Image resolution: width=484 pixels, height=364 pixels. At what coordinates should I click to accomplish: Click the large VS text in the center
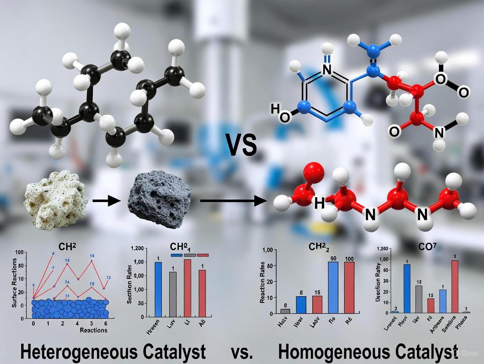point(241,146)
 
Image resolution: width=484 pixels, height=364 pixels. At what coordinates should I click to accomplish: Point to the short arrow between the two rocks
point(107,201)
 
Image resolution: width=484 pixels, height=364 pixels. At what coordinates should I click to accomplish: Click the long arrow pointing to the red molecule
point(233,201)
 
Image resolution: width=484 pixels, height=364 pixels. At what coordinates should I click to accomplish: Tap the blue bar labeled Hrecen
point(158,289)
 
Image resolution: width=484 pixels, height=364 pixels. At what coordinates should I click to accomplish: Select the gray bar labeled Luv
point(173,294)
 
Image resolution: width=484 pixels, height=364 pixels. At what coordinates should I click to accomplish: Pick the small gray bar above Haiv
point(285,311)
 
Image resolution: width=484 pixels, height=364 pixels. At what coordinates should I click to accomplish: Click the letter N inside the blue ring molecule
point(327,69)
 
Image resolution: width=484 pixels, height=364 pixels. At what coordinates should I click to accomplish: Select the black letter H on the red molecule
point(319,203)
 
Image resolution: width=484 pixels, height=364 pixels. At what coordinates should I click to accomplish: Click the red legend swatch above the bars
point(203,255)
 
